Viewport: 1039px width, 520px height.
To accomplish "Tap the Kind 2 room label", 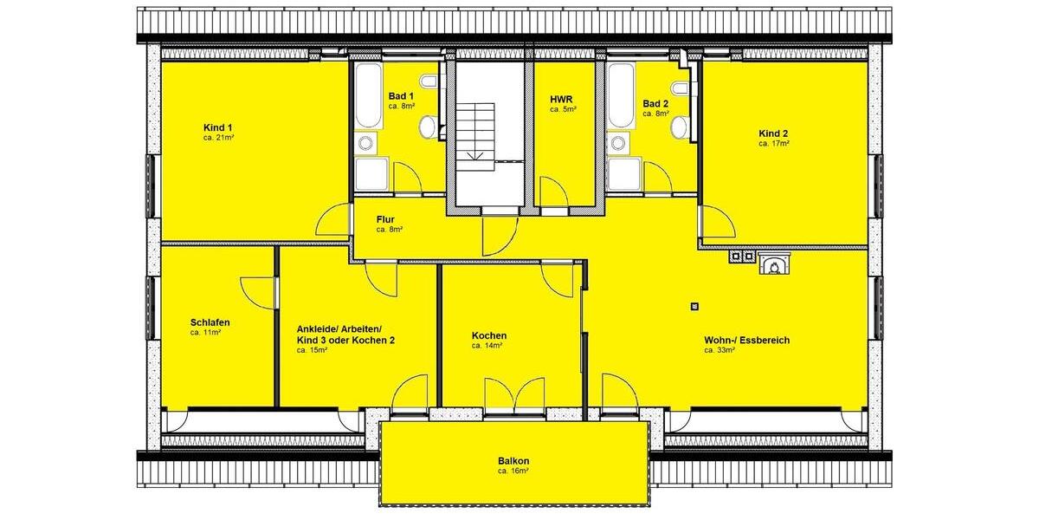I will (x=773, y=133).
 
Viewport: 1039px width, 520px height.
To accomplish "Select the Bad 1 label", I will (x=401, y=95).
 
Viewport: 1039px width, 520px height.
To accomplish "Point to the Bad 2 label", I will (x=655, y=103).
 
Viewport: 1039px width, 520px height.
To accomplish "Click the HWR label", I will (x=562, y=110).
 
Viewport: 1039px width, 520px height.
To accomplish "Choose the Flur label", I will (x=386, y=219).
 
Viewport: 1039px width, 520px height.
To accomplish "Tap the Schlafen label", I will (x=210, y=322).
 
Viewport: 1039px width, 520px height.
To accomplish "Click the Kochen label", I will (x=489, y=335).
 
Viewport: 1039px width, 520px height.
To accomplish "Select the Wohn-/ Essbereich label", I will (x=746, y=340).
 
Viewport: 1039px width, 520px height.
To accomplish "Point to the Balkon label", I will (x=513, y=460).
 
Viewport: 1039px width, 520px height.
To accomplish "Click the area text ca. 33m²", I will (x=720, y=351).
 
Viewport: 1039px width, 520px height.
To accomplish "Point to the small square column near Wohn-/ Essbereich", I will (x=695, y=305).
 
